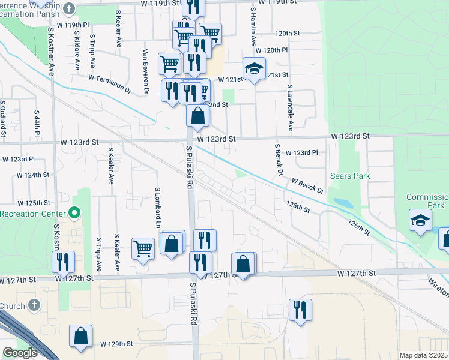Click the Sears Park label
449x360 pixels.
point(350,176)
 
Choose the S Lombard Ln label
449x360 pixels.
point(158,205)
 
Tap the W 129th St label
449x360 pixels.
point(112,344)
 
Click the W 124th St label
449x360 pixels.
point(33,175)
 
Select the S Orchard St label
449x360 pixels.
point(3,116)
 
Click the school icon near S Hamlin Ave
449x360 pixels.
point(255,69)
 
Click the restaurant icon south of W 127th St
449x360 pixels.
point(300,310)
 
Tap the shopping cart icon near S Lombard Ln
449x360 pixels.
point(143,247)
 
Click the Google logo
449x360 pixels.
point(20,353)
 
